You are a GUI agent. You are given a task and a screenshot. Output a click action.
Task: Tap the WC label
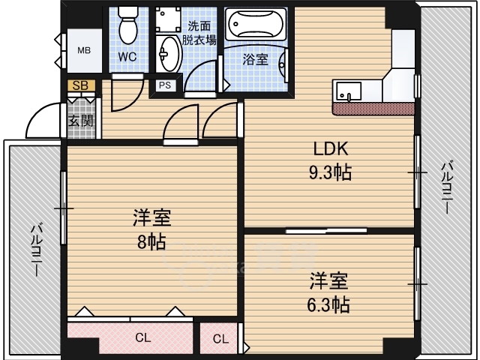(127, 57)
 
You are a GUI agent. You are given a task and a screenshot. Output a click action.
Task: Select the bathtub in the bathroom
(256, 24)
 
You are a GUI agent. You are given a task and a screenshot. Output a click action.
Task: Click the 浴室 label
(256, 59)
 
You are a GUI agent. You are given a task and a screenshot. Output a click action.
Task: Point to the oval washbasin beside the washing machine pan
(168, 54)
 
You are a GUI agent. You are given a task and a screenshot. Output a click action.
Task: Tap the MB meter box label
(84, 50)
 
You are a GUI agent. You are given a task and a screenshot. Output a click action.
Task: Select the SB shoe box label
(80, 85)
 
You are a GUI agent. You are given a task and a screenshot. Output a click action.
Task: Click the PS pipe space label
(165, 85)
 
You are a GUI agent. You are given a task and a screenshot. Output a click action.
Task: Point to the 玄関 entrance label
(81, 121)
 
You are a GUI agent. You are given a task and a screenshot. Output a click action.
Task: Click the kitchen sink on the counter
(349, 91)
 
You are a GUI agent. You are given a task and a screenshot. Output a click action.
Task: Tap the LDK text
(331, 148)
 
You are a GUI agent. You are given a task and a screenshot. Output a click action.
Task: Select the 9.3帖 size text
(330, 172)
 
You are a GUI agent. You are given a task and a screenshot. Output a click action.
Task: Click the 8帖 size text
(151, 241)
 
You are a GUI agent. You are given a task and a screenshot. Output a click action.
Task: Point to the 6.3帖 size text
(328, 304)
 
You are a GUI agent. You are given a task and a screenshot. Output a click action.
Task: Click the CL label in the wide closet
(143, 338)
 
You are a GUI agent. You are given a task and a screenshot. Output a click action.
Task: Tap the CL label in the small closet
(220, 339)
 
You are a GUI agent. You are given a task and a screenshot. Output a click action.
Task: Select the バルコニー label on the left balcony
(37, 250)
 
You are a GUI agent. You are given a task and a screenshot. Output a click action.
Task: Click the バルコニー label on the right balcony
(446, 187)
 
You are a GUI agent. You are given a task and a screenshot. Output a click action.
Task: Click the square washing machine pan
(168, 19)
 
